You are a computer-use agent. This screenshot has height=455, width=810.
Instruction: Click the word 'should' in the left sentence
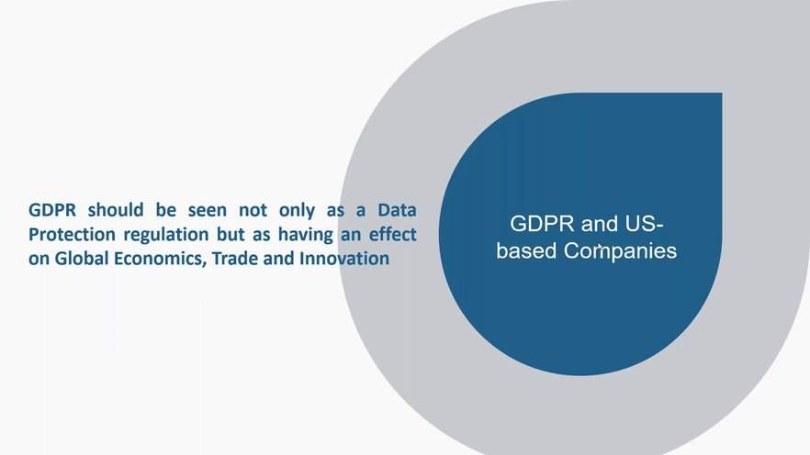[x=115, y=210]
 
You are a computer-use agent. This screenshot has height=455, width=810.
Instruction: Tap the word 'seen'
[x=207, y=210]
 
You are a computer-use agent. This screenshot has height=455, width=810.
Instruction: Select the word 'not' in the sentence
[x=253, y=210]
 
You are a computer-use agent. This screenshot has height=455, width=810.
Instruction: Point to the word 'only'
[x=297, y=211]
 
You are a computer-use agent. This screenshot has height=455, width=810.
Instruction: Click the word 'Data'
[x=397, y=210]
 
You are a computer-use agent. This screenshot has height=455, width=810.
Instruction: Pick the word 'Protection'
[x=72, y=234]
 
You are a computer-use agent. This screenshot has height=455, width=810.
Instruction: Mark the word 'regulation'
[x=166, y=235]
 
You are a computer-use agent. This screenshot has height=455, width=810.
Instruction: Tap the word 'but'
[x=231, y=234]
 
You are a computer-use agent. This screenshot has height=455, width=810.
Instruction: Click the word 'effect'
[x=392, y=234]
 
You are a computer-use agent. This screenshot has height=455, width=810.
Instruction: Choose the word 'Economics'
[x=160, y=259]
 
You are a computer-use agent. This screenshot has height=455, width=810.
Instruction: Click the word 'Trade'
[x=234, y=258]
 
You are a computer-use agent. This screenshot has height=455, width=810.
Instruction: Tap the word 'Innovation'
[x=344, y=258]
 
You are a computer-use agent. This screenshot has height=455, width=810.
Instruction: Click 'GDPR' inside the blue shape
[x=542, y=224]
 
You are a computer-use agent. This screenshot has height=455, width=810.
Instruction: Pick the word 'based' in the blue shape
[x=526, y=250]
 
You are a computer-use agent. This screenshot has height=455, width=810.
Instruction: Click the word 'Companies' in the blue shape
[x=620, y=251]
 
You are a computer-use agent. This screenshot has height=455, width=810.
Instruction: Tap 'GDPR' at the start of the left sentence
[x=52, y=210]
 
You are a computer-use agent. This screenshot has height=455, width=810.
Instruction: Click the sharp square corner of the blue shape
[x=722, y=94]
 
